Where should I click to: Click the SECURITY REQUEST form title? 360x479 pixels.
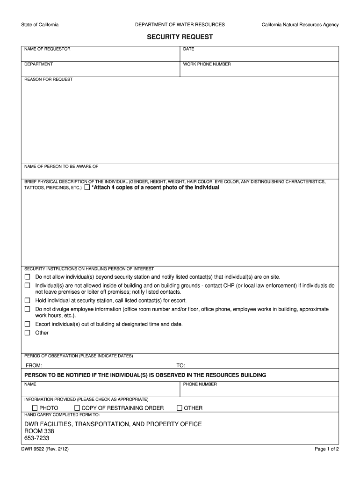[180, 37]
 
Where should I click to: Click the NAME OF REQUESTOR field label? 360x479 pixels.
[47, 49]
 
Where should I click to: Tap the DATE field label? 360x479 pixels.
[188, 49]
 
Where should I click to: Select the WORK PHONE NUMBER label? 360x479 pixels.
[207, 64]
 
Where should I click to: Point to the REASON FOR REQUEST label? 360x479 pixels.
[48, 80]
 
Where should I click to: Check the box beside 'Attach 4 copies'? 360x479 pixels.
[87, 188]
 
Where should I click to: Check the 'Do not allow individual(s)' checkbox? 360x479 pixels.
[27, 277]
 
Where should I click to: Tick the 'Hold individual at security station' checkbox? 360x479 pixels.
[27, 300]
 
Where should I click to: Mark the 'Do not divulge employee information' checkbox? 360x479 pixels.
[27, 309]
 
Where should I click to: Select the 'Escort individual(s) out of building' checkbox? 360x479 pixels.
[27, 324]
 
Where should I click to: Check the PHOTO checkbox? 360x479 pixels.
[35, 408]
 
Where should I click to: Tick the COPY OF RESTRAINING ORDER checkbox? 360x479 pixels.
[78, 408]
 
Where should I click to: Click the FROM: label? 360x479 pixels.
[34, 365]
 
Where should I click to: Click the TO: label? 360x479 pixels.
[180, 365]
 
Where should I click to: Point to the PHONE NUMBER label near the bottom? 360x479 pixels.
[200, 384]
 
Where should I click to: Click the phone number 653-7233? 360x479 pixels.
[36, 438]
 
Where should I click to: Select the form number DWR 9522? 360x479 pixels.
[34, 449]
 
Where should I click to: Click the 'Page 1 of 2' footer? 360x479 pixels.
[327, 449]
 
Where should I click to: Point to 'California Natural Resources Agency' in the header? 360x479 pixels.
[300, 25]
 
